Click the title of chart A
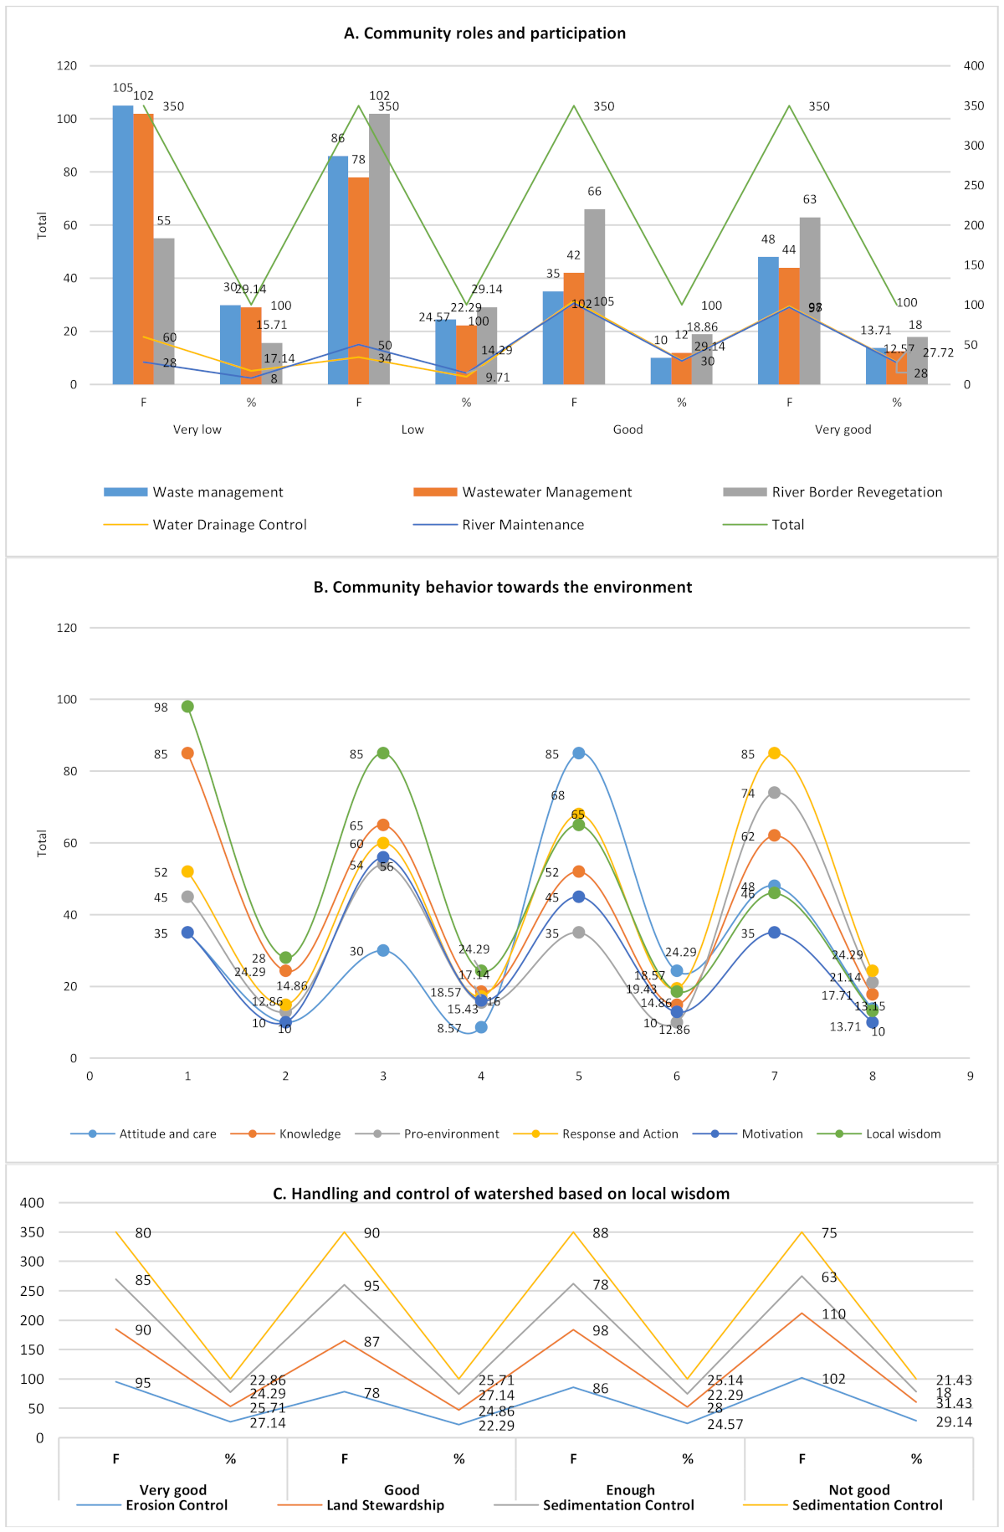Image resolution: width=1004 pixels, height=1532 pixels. click(x=484, y=33)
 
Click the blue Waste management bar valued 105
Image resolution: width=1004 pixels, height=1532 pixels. click(x=123, y=244)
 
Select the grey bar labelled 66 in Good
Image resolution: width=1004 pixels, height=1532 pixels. click(x=594, y=296)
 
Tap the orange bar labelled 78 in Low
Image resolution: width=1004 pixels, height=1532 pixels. click(x=358, y=280)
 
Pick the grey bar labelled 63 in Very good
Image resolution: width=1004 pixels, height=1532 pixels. click(x=810, y=301)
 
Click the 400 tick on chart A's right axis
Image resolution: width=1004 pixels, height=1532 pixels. click(x=973, y=66)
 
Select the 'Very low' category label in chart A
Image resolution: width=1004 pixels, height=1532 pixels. click(x=197, y=429)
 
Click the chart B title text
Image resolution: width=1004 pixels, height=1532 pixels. click(x=502, y=588)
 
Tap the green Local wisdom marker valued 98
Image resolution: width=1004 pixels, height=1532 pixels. click(x=187, y=707)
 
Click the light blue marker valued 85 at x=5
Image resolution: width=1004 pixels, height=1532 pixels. click(x=579, y=753)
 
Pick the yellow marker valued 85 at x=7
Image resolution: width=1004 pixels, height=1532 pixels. click(x=774, y=753)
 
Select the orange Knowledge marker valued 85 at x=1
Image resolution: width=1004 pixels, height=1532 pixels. click(x=187, y=753)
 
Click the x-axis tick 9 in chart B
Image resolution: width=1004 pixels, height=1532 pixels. click(x=970, y=1076)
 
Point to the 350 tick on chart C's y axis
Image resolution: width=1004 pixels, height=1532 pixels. click(x=33, y=1232)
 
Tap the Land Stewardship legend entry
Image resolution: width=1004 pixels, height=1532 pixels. click(x=385, y=1505)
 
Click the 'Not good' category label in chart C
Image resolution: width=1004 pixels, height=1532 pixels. click(x=858, y=1490)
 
